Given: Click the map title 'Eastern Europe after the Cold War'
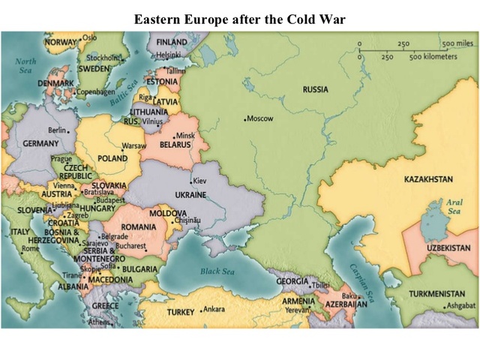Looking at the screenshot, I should pyautogui.click(x=239, y=19).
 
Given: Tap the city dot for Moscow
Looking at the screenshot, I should pyautogui.click(x=245, y=119).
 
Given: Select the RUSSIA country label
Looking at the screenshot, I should pyautogui.click(x=315, y=90).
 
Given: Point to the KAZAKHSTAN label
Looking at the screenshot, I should pyautogui.click(x=428, y=180).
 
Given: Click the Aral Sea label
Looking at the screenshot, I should pyautogui.click(x=454, y=207).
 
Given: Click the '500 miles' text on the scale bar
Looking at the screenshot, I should pyautogui.click(x=455, y=44).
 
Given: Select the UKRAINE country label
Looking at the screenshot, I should pyautogui.click(x=190, y=195).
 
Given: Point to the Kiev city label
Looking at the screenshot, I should pyautogui.click(x=200, y=181).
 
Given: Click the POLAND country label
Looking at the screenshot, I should pyautogui.click(x=112, y=159).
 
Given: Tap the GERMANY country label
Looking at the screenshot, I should pyautogui.click(x=40, y=143).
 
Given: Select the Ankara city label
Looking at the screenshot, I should pyautogui.click(x=214, y=309).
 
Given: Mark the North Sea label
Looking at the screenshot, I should pyautogui.click(x=25, y=65).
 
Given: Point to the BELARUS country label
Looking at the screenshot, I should pyautogui.click(x=176, y=144).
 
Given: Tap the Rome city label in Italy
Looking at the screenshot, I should pyautogui.click(x=30, y=248).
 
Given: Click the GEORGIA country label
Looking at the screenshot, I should pyautogui.click(x=292, y=281).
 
